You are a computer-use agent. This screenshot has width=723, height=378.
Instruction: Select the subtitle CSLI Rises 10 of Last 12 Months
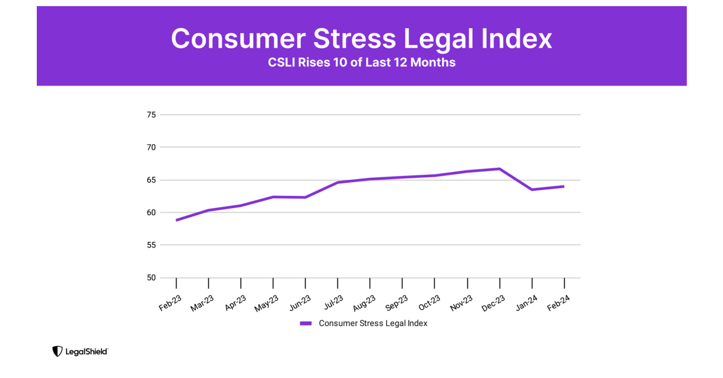[x=361, y=63]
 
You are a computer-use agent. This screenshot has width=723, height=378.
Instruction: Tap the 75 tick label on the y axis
[x=151, y=115]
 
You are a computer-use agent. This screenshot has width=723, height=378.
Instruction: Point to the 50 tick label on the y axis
[x=151, y=278]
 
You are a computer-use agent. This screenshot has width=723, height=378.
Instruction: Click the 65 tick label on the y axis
[x=151, y=180]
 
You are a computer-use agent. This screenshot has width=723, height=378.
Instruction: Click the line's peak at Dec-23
[x=499, y=169]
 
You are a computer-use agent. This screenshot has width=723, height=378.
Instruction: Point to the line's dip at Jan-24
[x=532, y=189]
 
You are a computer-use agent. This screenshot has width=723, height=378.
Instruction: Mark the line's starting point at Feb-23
[x=177, y=220]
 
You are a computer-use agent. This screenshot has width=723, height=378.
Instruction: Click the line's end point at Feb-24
[x=564, y=186]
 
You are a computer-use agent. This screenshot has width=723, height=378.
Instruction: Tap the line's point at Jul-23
[x=338, y=182]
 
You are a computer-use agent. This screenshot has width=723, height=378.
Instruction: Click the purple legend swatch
[x=306, y=324]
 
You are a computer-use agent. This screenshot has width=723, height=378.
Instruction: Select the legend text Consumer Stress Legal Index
[x=373, y=324]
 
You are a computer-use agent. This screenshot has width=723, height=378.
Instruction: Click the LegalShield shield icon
[x=57, y=351]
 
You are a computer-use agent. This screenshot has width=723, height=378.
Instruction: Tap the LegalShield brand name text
[x=87, y=351]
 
